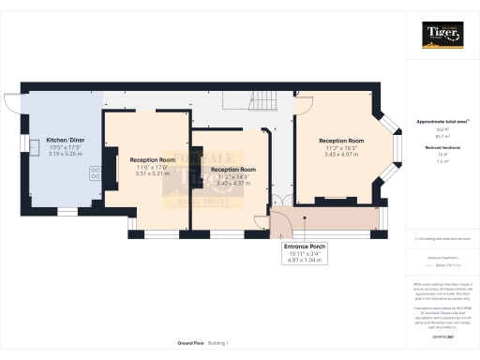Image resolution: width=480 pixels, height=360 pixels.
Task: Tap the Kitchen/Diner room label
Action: pos(65,140)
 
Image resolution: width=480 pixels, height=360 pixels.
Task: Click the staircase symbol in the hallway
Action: pos(267,102)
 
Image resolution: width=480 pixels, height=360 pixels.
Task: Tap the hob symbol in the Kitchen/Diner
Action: pos(95,172)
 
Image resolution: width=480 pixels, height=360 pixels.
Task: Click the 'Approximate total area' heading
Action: pos(441,122)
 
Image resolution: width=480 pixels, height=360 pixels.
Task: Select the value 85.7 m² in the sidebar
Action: pos(441,136)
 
